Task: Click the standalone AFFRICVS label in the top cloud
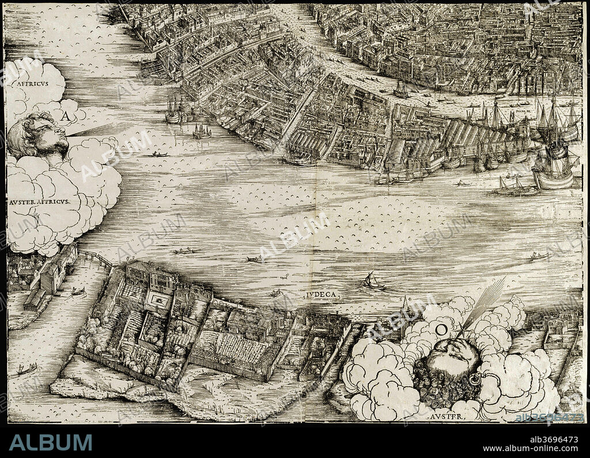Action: coord(29,83)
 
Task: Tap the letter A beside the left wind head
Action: coord(66,116)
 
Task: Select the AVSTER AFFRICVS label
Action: coord(39,202)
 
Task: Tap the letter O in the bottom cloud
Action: coord(441,330)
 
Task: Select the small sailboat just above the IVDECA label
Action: coord(372,282)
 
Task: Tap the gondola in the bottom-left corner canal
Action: coord(26,369)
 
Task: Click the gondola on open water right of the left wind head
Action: coord(160,154)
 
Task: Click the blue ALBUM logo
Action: coord(51,442)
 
